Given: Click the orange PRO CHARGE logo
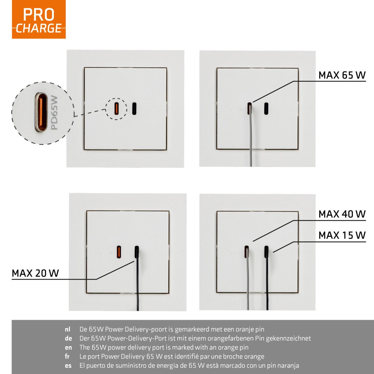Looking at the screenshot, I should coord(39,19).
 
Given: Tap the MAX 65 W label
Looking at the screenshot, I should coord(342,75).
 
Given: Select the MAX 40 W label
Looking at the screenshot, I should coord(342,214).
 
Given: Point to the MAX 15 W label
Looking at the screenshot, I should coord(342,235).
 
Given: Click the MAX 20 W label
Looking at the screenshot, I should coord(35,273).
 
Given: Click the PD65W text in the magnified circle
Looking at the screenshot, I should coord(55,113).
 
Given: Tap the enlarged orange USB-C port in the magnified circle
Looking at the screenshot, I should coord(41,113).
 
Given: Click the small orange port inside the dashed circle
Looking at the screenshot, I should coord(116,108).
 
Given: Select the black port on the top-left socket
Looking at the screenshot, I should coord(134,108).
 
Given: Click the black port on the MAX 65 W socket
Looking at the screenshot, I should coord(266,108).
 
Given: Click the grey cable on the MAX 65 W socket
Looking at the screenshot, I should coord(251,140).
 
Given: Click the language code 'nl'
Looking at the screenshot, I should coord(68,329).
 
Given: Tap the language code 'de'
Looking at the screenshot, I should coord(68,338).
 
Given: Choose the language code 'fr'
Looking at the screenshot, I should coord(67,357).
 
